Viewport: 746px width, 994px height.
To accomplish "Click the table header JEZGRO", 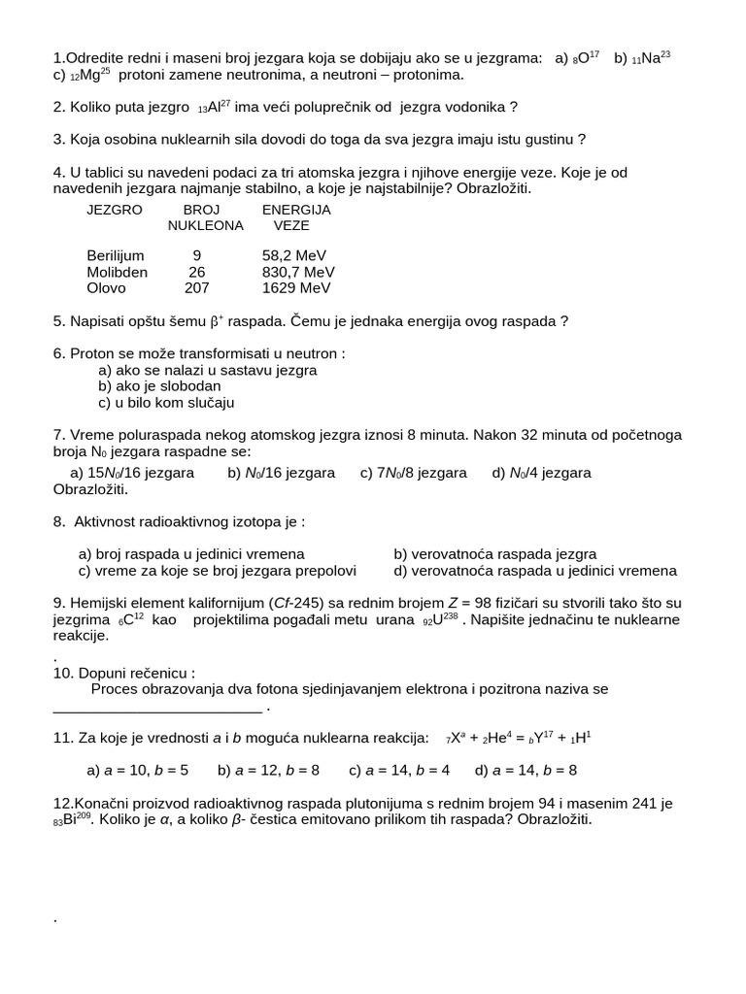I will pyautogui.click(x=115, y=210).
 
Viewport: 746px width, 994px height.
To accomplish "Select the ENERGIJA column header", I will pyautogui.click(x=296, y=210).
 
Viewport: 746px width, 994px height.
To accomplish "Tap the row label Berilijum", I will pyautogui.click(x=116, y=256).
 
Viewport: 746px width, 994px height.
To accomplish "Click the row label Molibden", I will pyautogui.click(x=117, y=273).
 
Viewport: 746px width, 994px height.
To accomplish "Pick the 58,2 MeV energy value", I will pyautogui.click(x=294, y=256).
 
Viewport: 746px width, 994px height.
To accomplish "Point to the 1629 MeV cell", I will pyautogui.click(x=296, y=288).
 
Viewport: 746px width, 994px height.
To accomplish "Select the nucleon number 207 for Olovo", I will pyautogui.click(x=197, y=288).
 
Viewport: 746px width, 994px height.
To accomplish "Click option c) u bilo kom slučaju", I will pyautogui.click(x=166, y=403).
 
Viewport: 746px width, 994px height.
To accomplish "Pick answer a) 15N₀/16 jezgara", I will pyautogui.click(x=132, y=473).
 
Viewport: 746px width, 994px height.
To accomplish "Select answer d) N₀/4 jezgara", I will pyautogui.click(x=541, y=473).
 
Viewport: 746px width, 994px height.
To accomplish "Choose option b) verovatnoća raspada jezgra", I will pyautogui.click(x=495, y=554).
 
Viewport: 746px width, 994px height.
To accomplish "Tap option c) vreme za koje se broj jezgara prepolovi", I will pyautogui.click(x=218, y=571).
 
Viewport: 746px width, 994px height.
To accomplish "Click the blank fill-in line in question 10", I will pyautogui.click(x=157, y=707).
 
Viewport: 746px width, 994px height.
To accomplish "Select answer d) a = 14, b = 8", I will pyautogui.click(x=526, y=771).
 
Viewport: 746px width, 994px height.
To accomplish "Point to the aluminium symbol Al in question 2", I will pyautogui.click(x=215, y=108).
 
